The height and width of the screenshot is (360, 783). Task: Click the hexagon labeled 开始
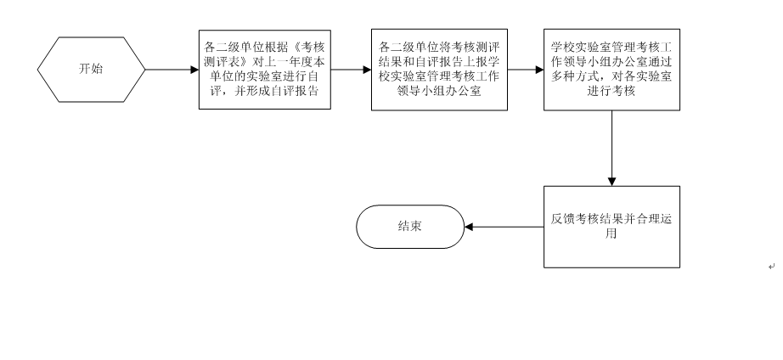pos(92,70)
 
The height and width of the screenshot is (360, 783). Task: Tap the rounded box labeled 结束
pos(410,227)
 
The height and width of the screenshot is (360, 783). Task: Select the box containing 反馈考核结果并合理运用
pos(611,227)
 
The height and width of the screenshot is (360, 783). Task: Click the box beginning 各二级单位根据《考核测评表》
pos(265,70)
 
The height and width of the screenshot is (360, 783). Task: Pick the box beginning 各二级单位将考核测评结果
pos(439,70)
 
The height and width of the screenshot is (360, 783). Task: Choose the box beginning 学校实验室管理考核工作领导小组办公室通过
pos(611,70)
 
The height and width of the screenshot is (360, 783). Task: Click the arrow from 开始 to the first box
pos(172,70)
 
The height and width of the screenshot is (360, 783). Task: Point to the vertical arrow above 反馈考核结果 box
pos(611,149)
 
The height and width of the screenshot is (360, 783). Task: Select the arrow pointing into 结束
pos(504,227)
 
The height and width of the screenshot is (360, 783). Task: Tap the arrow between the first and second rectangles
pos(351,70)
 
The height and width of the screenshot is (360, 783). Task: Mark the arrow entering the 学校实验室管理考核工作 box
pos(526,70)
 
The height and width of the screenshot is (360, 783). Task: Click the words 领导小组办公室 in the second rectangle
pos(439,91)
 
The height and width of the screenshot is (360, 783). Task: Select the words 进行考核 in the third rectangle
pos(611,91)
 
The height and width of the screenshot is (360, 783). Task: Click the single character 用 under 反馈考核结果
pos(611,233)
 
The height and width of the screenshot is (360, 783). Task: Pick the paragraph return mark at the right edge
pos(771,266)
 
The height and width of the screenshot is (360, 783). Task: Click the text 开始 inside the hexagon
pos(91,69)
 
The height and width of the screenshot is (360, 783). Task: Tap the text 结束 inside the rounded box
pos(410,226)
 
